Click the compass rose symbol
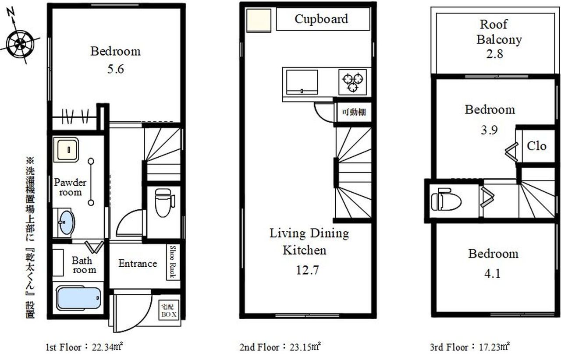(x=20, y=43)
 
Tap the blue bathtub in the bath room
(x=78, y=298)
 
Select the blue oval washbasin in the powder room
(x=66, y=222)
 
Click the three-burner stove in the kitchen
(x=353, y=82)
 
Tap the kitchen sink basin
(x=302, y=82)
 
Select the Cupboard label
(x=321, y=19)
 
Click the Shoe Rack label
(x=173, y=262)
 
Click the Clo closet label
(x=536, y=146)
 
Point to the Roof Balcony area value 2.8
(x=494, y=54)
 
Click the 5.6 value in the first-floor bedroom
(x=115, y=69)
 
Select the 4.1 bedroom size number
(x=492, y=273)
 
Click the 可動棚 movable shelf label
(x=354, y=112)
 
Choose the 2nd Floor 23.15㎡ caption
(x=280, y=347)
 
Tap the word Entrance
(x=138, y=263)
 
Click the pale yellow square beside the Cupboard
(x=259, y=21)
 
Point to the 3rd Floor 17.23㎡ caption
(x=470, y=347)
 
